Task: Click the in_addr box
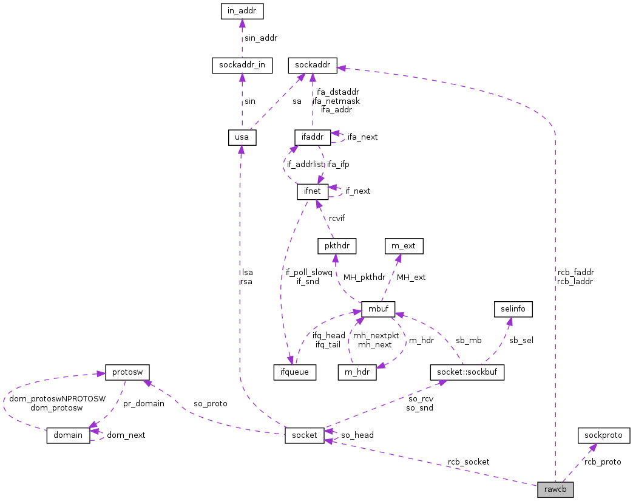pos(242,11)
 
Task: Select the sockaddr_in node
pos(242,65)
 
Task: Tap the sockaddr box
pos(312,65)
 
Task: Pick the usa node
pos(242,137)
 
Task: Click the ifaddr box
pos(312,137)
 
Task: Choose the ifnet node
pos(312,192)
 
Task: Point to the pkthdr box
pos(336,246)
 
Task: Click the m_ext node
pos(404,246)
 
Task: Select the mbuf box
pos(378,308)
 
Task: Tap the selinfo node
pos(513,308)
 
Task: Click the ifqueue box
pos(294,372)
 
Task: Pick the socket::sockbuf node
pos(466,372)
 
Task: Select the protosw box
pos(127,372)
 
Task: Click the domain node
pos(69,435)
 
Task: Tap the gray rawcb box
pos(555,489)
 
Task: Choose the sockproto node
pos(603,435)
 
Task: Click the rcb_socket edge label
pos(468,462)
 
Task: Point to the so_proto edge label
pos(210,403)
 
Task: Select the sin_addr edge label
pos(260,38)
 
